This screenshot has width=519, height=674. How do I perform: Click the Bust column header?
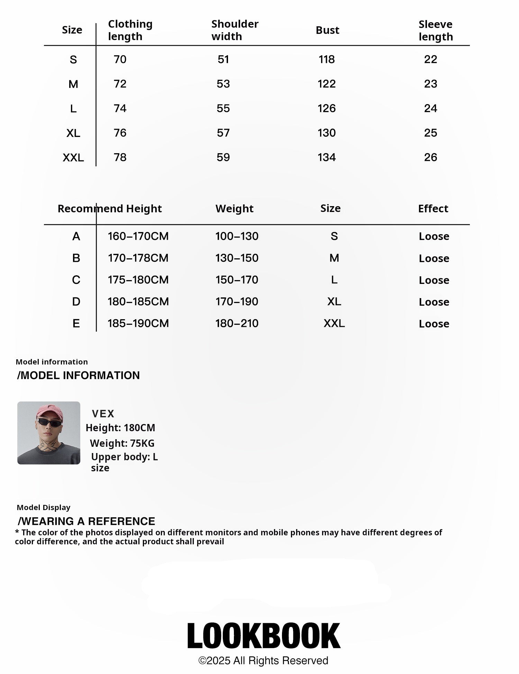coord(327,30)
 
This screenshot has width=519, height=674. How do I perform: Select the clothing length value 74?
coord(120,109)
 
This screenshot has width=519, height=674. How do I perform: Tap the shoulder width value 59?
coord(223,158)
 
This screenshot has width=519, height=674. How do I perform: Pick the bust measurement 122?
coord(327,84)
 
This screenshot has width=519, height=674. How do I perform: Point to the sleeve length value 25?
coord(430,133)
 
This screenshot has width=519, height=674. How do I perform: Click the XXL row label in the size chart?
coord(73,158)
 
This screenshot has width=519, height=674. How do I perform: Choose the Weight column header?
coord(234,209)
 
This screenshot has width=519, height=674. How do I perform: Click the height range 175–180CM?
coord(138,280)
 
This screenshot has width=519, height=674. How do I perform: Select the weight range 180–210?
coord(237,324)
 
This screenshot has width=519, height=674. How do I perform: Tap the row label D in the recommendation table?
coord(76,302)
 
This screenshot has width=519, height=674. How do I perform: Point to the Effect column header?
coord(433,209)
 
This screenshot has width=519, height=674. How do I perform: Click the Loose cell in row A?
coord(434,237)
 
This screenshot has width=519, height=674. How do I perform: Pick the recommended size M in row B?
coord(334,258)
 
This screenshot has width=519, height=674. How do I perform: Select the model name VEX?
coord(103,414)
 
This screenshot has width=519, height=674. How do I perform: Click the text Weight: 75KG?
coord(122,443)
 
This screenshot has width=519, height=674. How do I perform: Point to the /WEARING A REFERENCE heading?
coord(86,521)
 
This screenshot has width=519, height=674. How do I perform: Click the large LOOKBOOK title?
coord(264,636)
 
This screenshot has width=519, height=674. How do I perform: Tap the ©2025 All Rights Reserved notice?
coord(263,661)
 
